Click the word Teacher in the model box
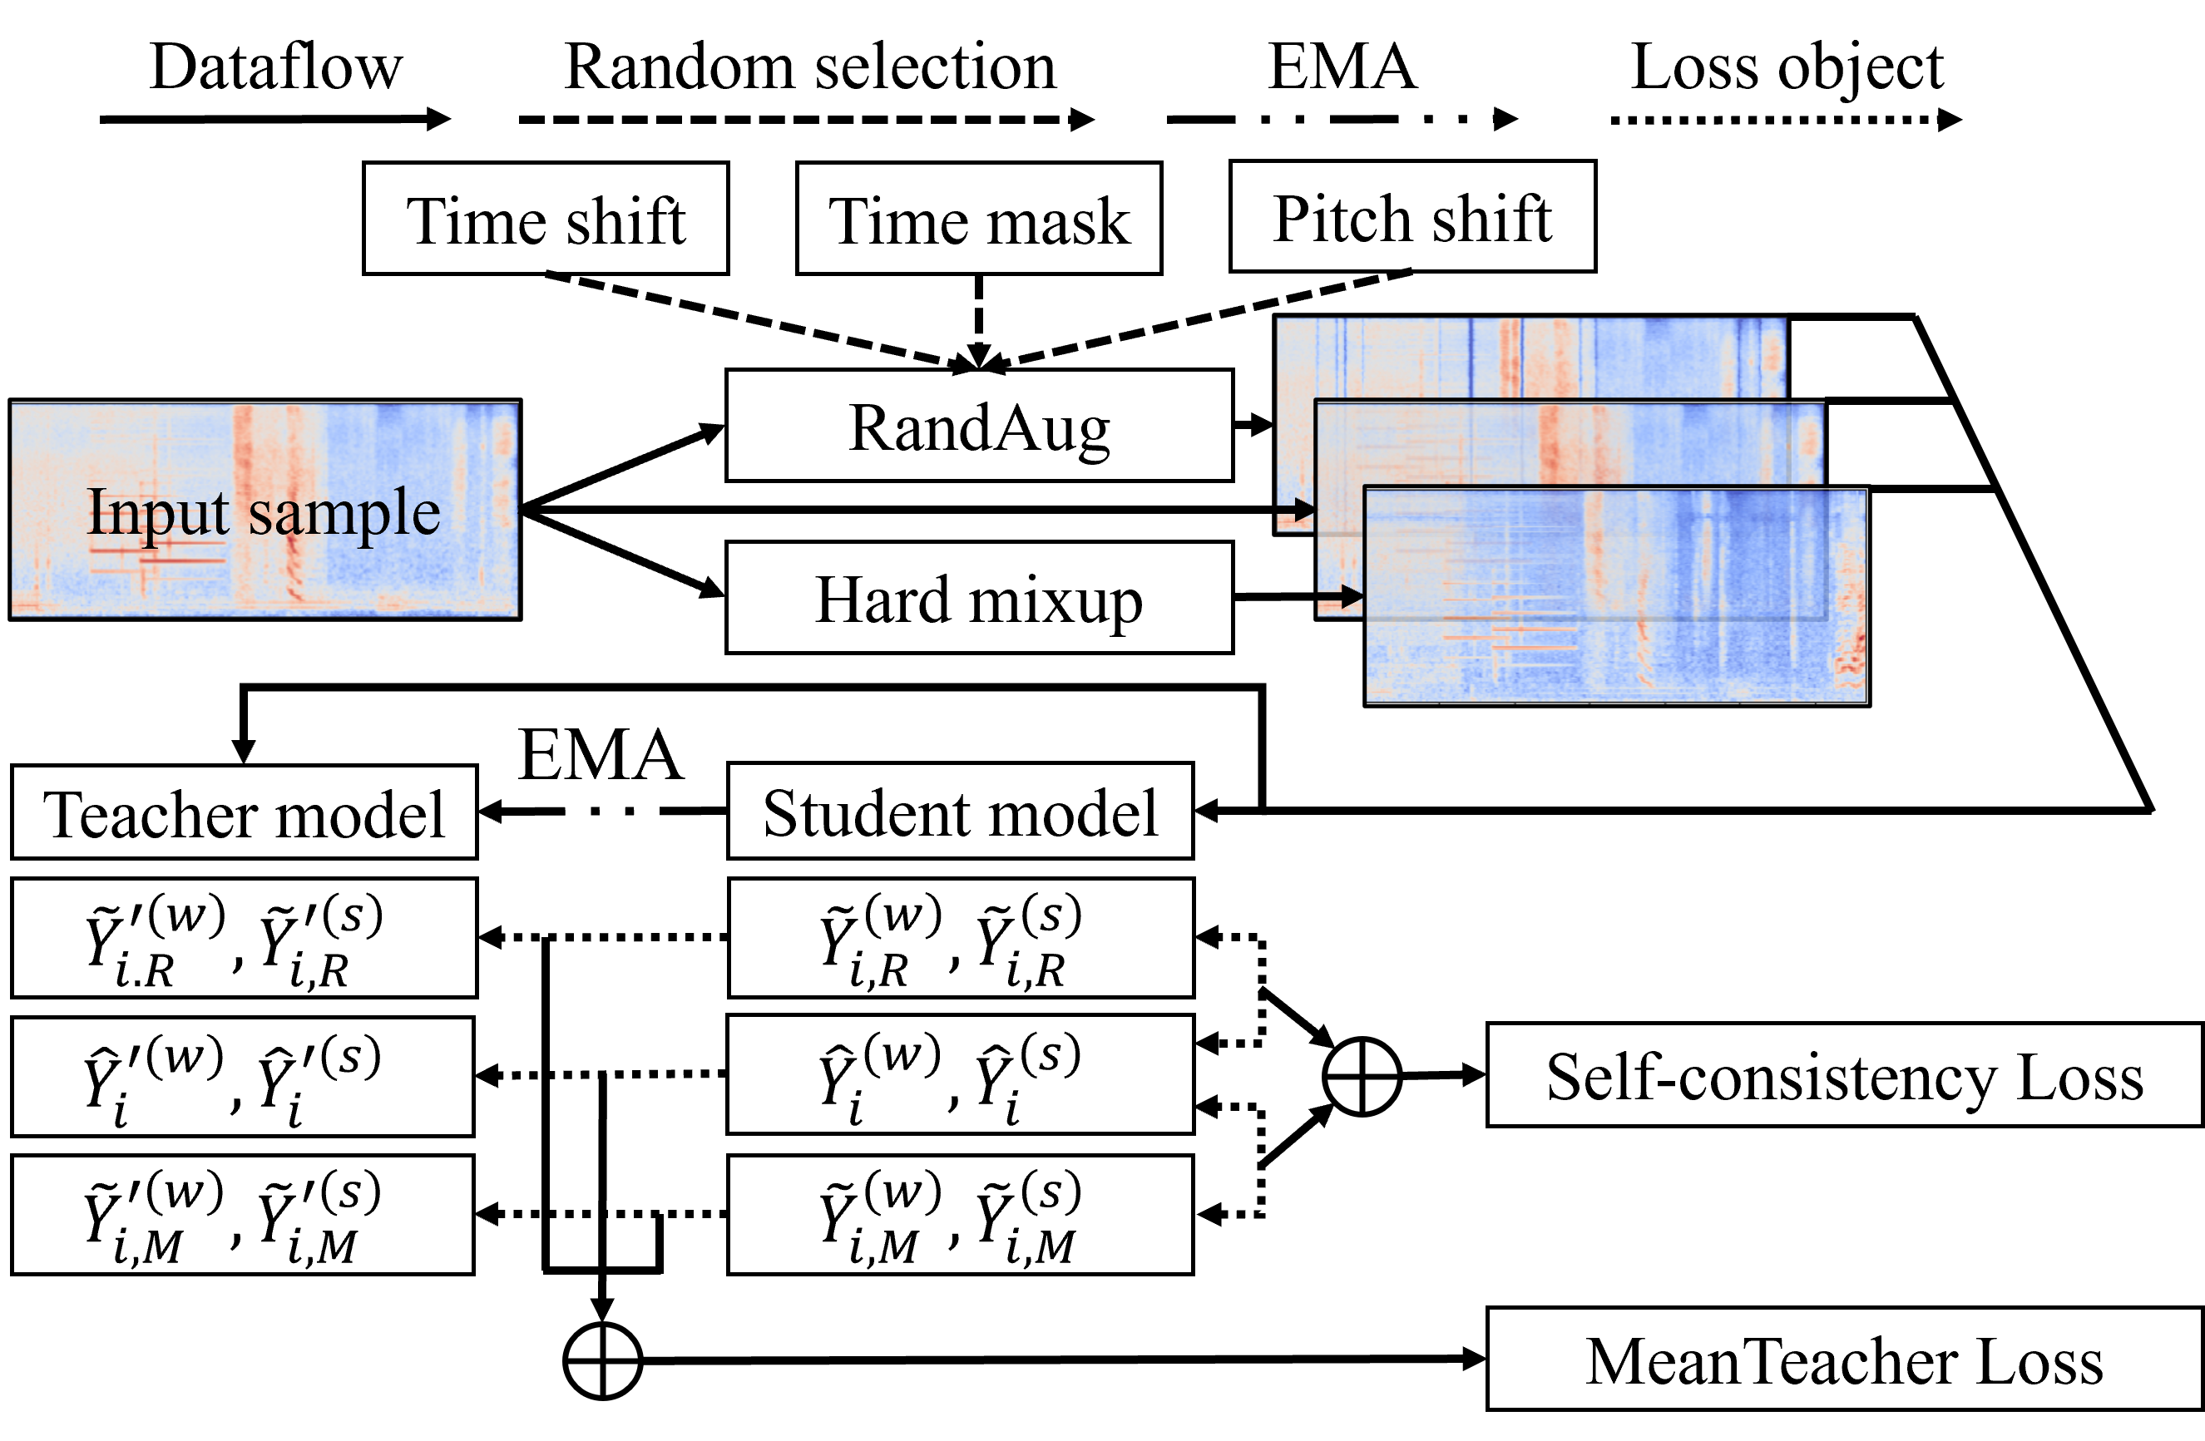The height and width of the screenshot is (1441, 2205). (x=151, y=815)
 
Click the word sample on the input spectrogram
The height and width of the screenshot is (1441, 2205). (x=344, y=513)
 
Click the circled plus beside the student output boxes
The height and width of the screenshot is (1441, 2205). (x=1362, y=1076)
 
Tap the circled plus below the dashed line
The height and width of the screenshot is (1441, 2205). (x=603, y=1360)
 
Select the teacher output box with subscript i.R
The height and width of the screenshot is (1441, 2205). (x=244, y=938)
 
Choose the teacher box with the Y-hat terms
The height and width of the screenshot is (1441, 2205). (x=243, y=1076)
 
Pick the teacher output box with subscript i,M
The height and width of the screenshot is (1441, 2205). (x=243, y=1214)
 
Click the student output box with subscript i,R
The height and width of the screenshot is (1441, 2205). (x=961, y=938)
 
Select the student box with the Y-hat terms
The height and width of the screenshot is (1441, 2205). (x=960, y=1074)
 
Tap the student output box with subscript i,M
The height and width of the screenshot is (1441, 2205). (x=960, y=1214)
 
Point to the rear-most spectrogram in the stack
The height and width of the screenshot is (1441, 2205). (x=1529, y=358)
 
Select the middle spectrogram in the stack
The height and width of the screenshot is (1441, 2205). (x=1565, y=442)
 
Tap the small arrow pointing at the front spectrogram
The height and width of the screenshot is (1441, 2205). (x=1340, y=597)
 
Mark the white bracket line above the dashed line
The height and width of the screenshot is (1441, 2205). (x=602, y=693)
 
